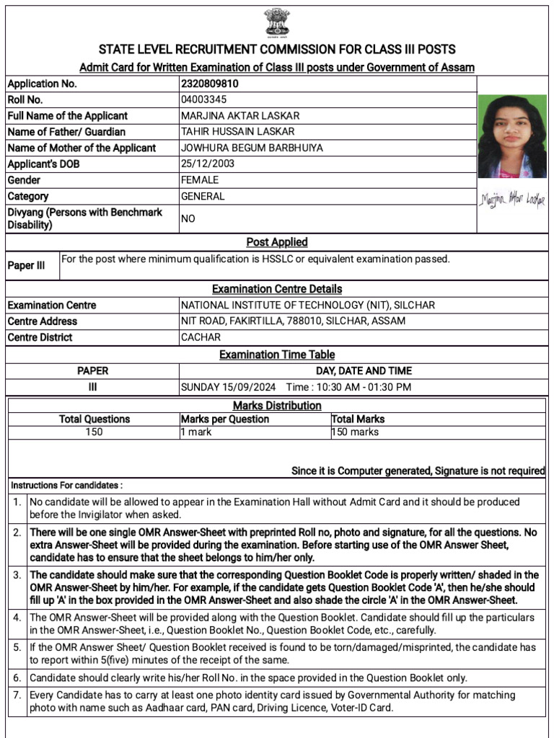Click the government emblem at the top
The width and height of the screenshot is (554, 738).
tap(276, 23)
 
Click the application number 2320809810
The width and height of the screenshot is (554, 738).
tap(209, 84)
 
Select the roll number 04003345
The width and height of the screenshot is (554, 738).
tap(203, 99)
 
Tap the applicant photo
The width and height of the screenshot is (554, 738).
tap(512, 137)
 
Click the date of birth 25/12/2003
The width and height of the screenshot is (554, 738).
tap(208, 164)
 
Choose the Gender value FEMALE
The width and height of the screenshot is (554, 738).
tap(200, 180)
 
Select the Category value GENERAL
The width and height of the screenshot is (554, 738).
tap(203, 196)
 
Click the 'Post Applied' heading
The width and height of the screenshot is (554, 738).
tap(277, 242)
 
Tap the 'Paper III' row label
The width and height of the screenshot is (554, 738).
tap(26, 265)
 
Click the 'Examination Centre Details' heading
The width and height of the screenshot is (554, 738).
tap(277, 289)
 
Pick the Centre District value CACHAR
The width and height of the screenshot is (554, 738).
tap(201, 337)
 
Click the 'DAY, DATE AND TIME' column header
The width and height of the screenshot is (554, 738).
tap(364, 371)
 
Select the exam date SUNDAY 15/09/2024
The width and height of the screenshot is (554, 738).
tap(229, 387)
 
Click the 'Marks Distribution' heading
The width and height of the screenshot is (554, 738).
tap(277, 406)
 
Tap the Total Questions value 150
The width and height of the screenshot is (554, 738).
tap(94, 432)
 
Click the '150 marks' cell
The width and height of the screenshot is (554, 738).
tap(355, 432)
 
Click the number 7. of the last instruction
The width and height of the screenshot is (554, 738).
tap(17, 695)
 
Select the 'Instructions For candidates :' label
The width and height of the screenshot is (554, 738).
tap(66, 485)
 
